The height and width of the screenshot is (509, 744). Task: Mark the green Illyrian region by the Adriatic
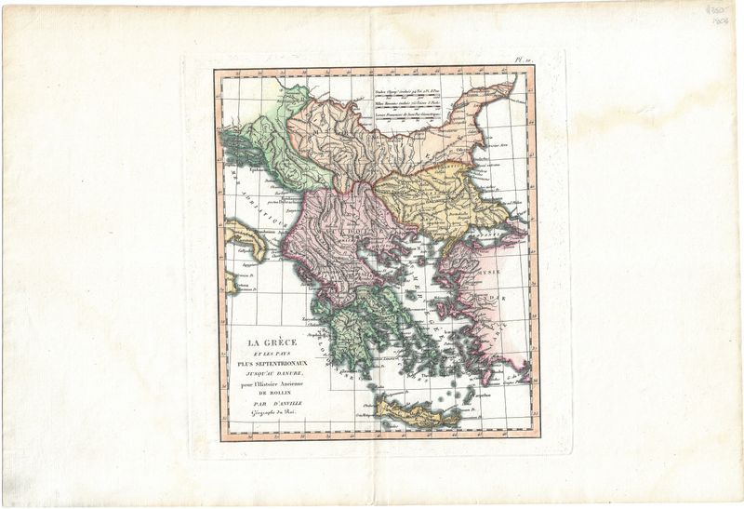[279, 140]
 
